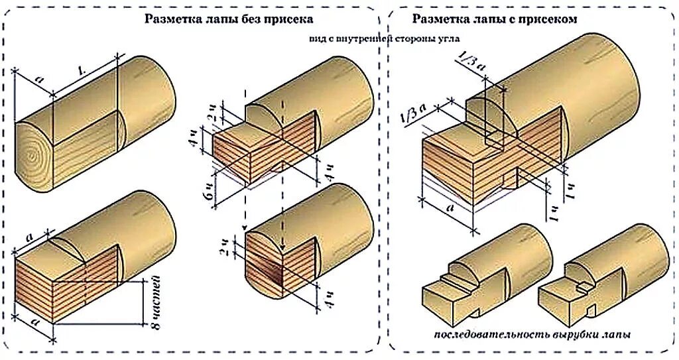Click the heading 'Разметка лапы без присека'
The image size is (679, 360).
[229, 19]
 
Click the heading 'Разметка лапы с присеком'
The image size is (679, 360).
[494, 19]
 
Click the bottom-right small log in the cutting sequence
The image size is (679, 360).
[603, 272]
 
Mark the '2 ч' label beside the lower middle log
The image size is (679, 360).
[227, 246]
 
